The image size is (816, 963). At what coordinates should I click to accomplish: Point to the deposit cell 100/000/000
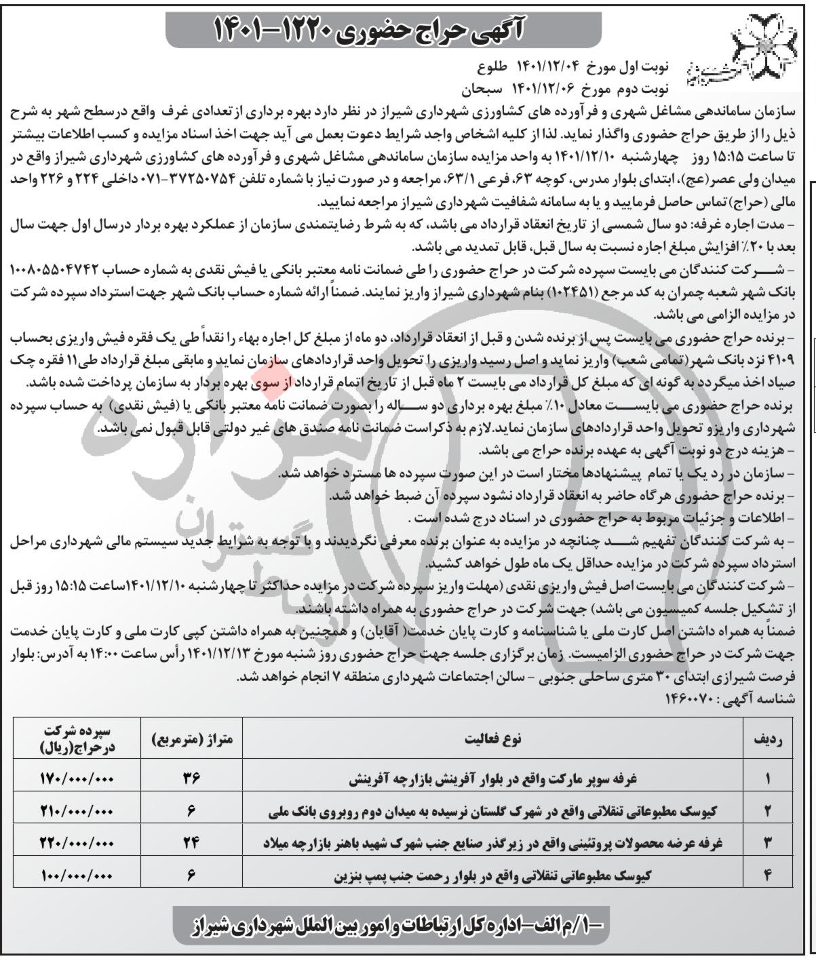pos(77,876)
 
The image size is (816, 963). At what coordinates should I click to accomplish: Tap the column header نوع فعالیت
pos(492,739)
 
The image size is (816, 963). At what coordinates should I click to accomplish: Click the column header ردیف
pos(768,739)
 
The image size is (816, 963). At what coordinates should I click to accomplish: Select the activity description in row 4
pos(492,876)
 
